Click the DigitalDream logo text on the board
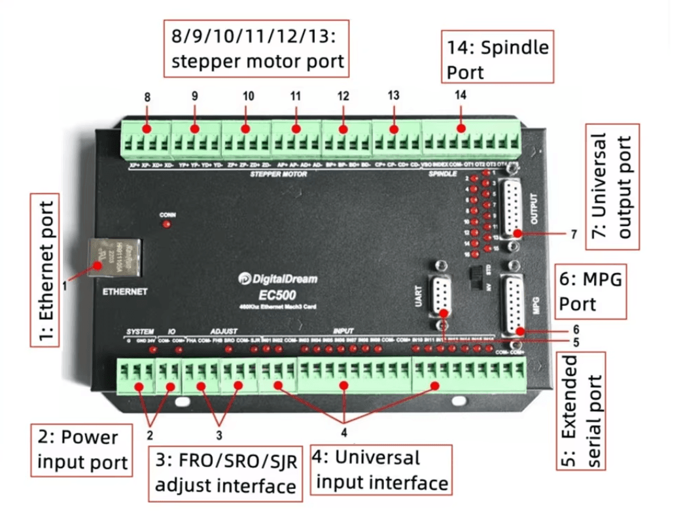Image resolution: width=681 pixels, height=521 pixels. point(277,279)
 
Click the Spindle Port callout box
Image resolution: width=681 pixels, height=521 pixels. point(497,58)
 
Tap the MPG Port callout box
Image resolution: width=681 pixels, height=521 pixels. point(590,292)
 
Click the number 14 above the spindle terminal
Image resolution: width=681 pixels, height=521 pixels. point(461,95)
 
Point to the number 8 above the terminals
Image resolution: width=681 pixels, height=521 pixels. point(147,97)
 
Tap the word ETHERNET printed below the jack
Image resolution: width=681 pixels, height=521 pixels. point(124,292)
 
